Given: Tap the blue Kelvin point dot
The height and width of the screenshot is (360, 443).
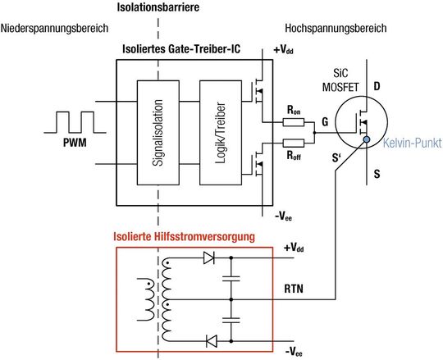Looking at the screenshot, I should [358, 142].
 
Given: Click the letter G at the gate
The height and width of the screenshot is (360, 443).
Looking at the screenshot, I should [326, 122].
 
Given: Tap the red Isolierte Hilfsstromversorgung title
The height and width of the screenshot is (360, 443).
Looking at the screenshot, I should [184, 236].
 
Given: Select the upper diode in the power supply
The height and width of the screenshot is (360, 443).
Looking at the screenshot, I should [208, 258].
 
